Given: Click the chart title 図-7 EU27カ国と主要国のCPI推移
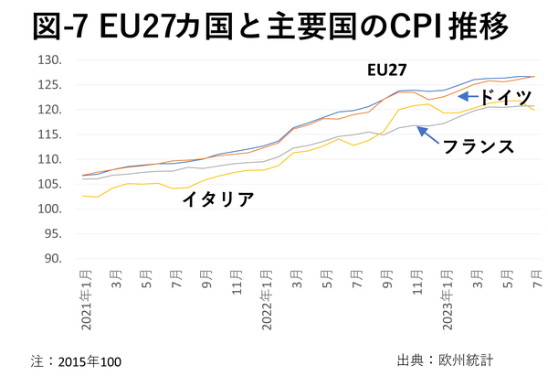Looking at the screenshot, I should click(273, 25).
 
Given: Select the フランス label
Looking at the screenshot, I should click(478, 145).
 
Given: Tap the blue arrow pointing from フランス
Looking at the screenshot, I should click(427, 134).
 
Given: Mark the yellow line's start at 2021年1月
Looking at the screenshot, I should click(84, 196).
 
